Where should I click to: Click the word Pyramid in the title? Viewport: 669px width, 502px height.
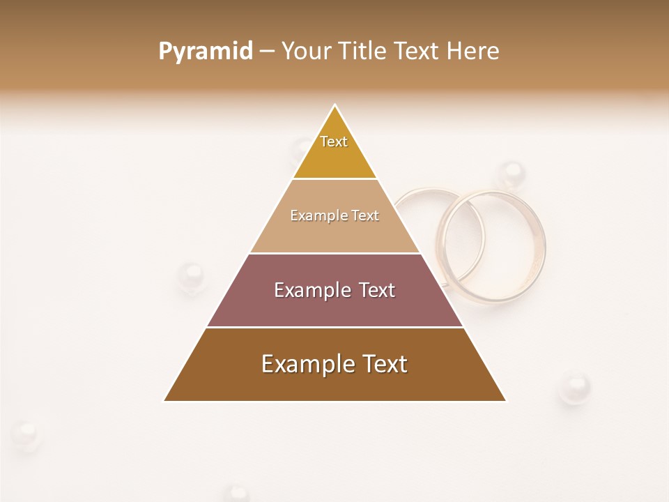pos(206,52)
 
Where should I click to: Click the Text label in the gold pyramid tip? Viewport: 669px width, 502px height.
pos(334,142)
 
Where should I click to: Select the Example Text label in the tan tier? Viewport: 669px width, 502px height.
pos(334,215)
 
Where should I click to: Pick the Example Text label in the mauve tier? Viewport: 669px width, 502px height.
pos(334,290)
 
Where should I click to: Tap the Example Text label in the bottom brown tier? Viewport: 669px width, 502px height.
pos(334,364)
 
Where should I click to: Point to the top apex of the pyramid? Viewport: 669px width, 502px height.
pos(335,105)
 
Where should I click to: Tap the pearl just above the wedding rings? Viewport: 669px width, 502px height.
pos(512,174)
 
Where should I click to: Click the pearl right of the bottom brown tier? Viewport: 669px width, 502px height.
pos(575,387)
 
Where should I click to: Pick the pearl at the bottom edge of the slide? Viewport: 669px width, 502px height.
pos(238,494)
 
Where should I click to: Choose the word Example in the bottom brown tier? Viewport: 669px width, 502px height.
pos(298,364)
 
